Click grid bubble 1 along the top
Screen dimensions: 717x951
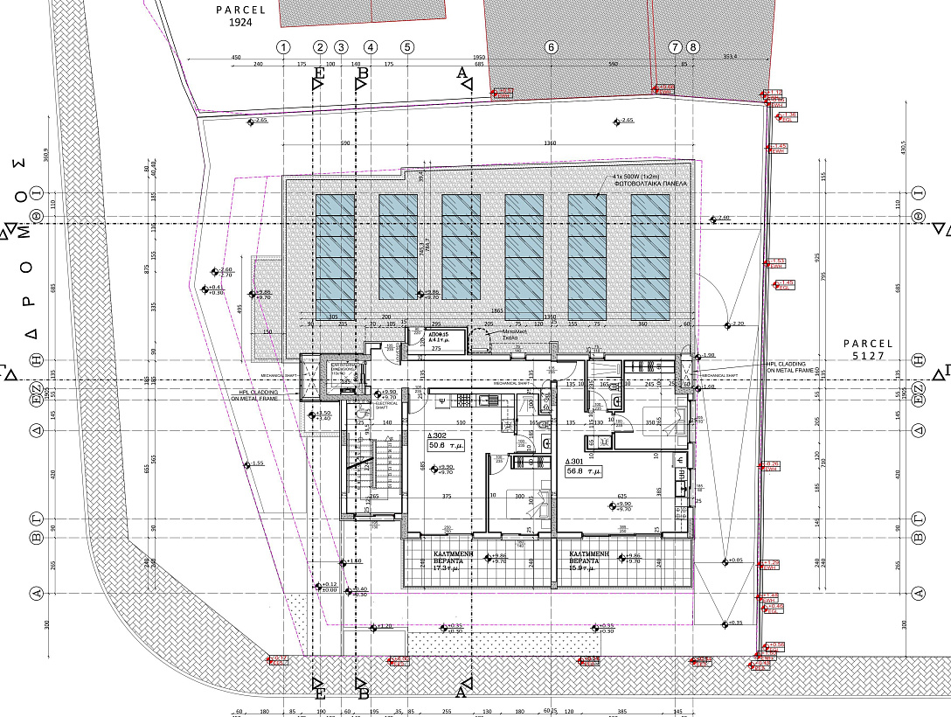(282, 47)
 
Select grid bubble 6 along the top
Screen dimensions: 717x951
(551, 47)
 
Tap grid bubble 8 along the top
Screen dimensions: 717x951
(693, 47)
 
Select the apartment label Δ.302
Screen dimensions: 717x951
(437, 435)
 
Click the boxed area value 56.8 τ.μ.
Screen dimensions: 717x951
(585, 471)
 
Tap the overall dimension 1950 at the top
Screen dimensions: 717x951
(479, 57)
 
